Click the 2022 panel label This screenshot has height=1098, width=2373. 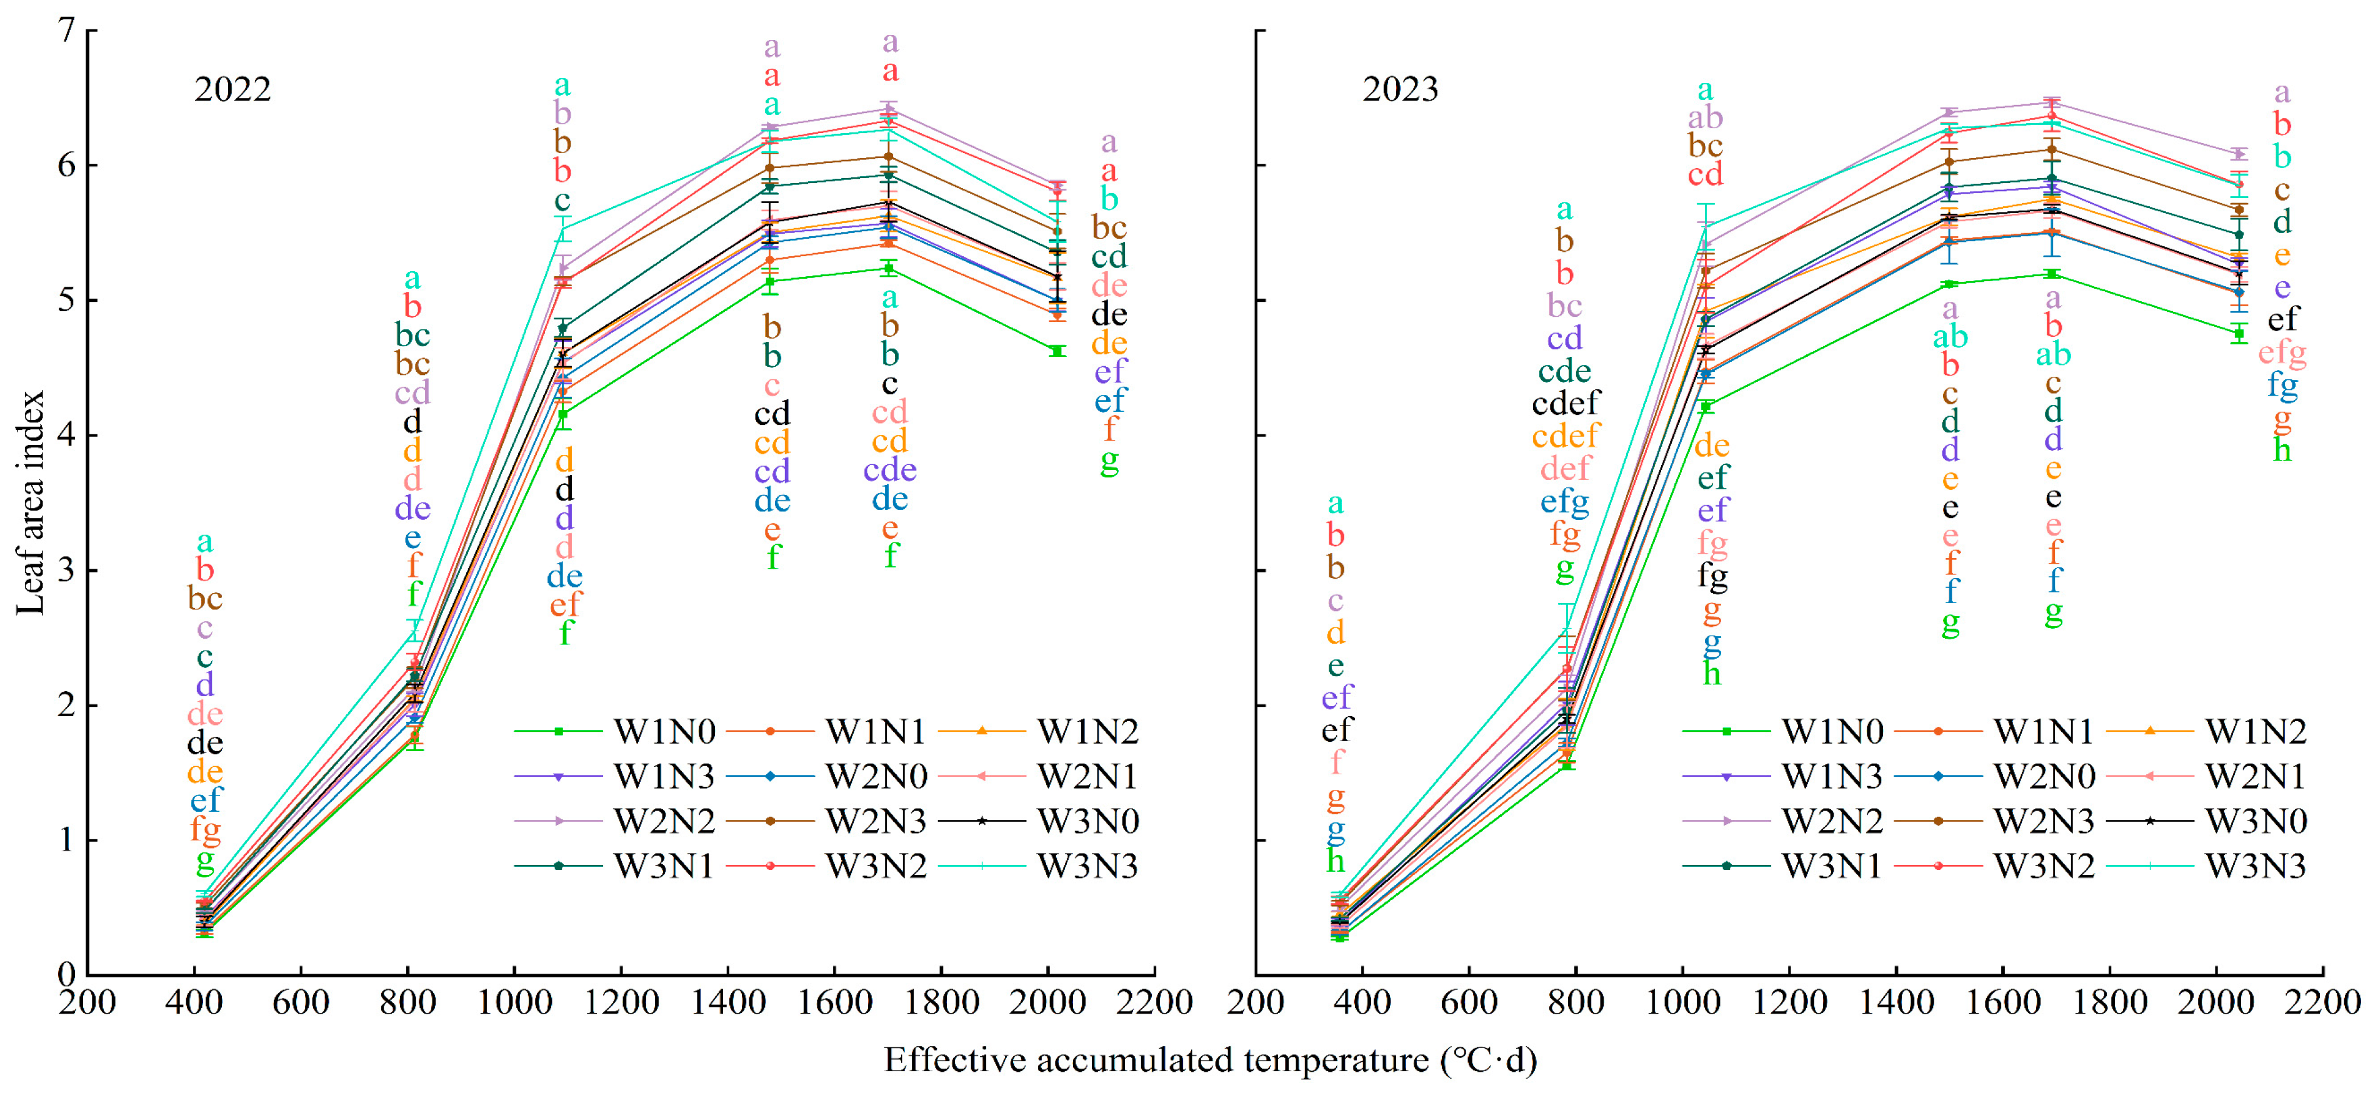click(x=232, y=90)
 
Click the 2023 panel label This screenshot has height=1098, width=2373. click(x=1399, y=90)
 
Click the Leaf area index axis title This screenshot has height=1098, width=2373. click(x=31, y=502)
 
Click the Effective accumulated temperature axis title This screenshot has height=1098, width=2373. click(x=1209, y=1061)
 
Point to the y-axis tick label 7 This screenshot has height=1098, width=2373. click(x=64, y=31)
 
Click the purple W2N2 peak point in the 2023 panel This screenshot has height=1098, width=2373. click(x=2052, y=102)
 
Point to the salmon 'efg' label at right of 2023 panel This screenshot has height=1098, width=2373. click(x=2281, y=353)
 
